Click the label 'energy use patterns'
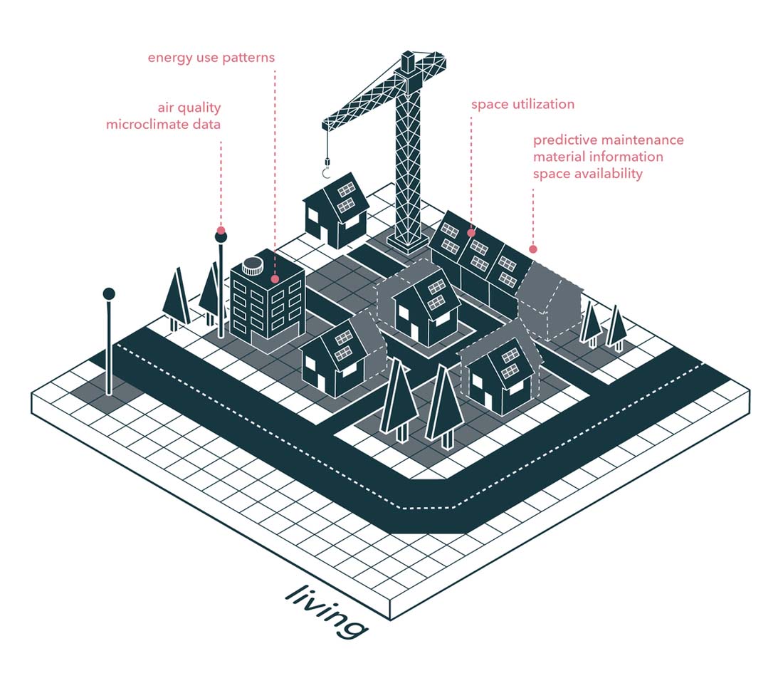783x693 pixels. coord(211,57)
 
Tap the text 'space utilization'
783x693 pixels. coord(522,104)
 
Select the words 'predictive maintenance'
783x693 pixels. coord(608,140)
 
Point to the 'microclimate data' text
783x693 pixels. coord(163,125)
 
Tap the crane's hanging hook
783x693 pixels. coord(327,172)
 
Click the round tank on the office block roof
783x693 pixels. coord(252,266)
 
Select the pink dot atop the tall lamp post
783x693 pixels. coord(221,231)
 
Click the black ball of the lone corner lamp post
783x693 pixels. coord(109,293)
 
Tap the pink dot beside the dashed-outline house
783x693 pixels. coord(532,249)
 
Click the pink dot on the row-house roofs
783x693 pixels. coord(471,232)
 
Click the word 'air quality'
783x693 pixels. coord(189,108)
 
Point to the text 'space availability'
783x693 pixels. coord(587,173)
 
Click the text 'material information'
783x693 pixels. coord(598,157)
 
